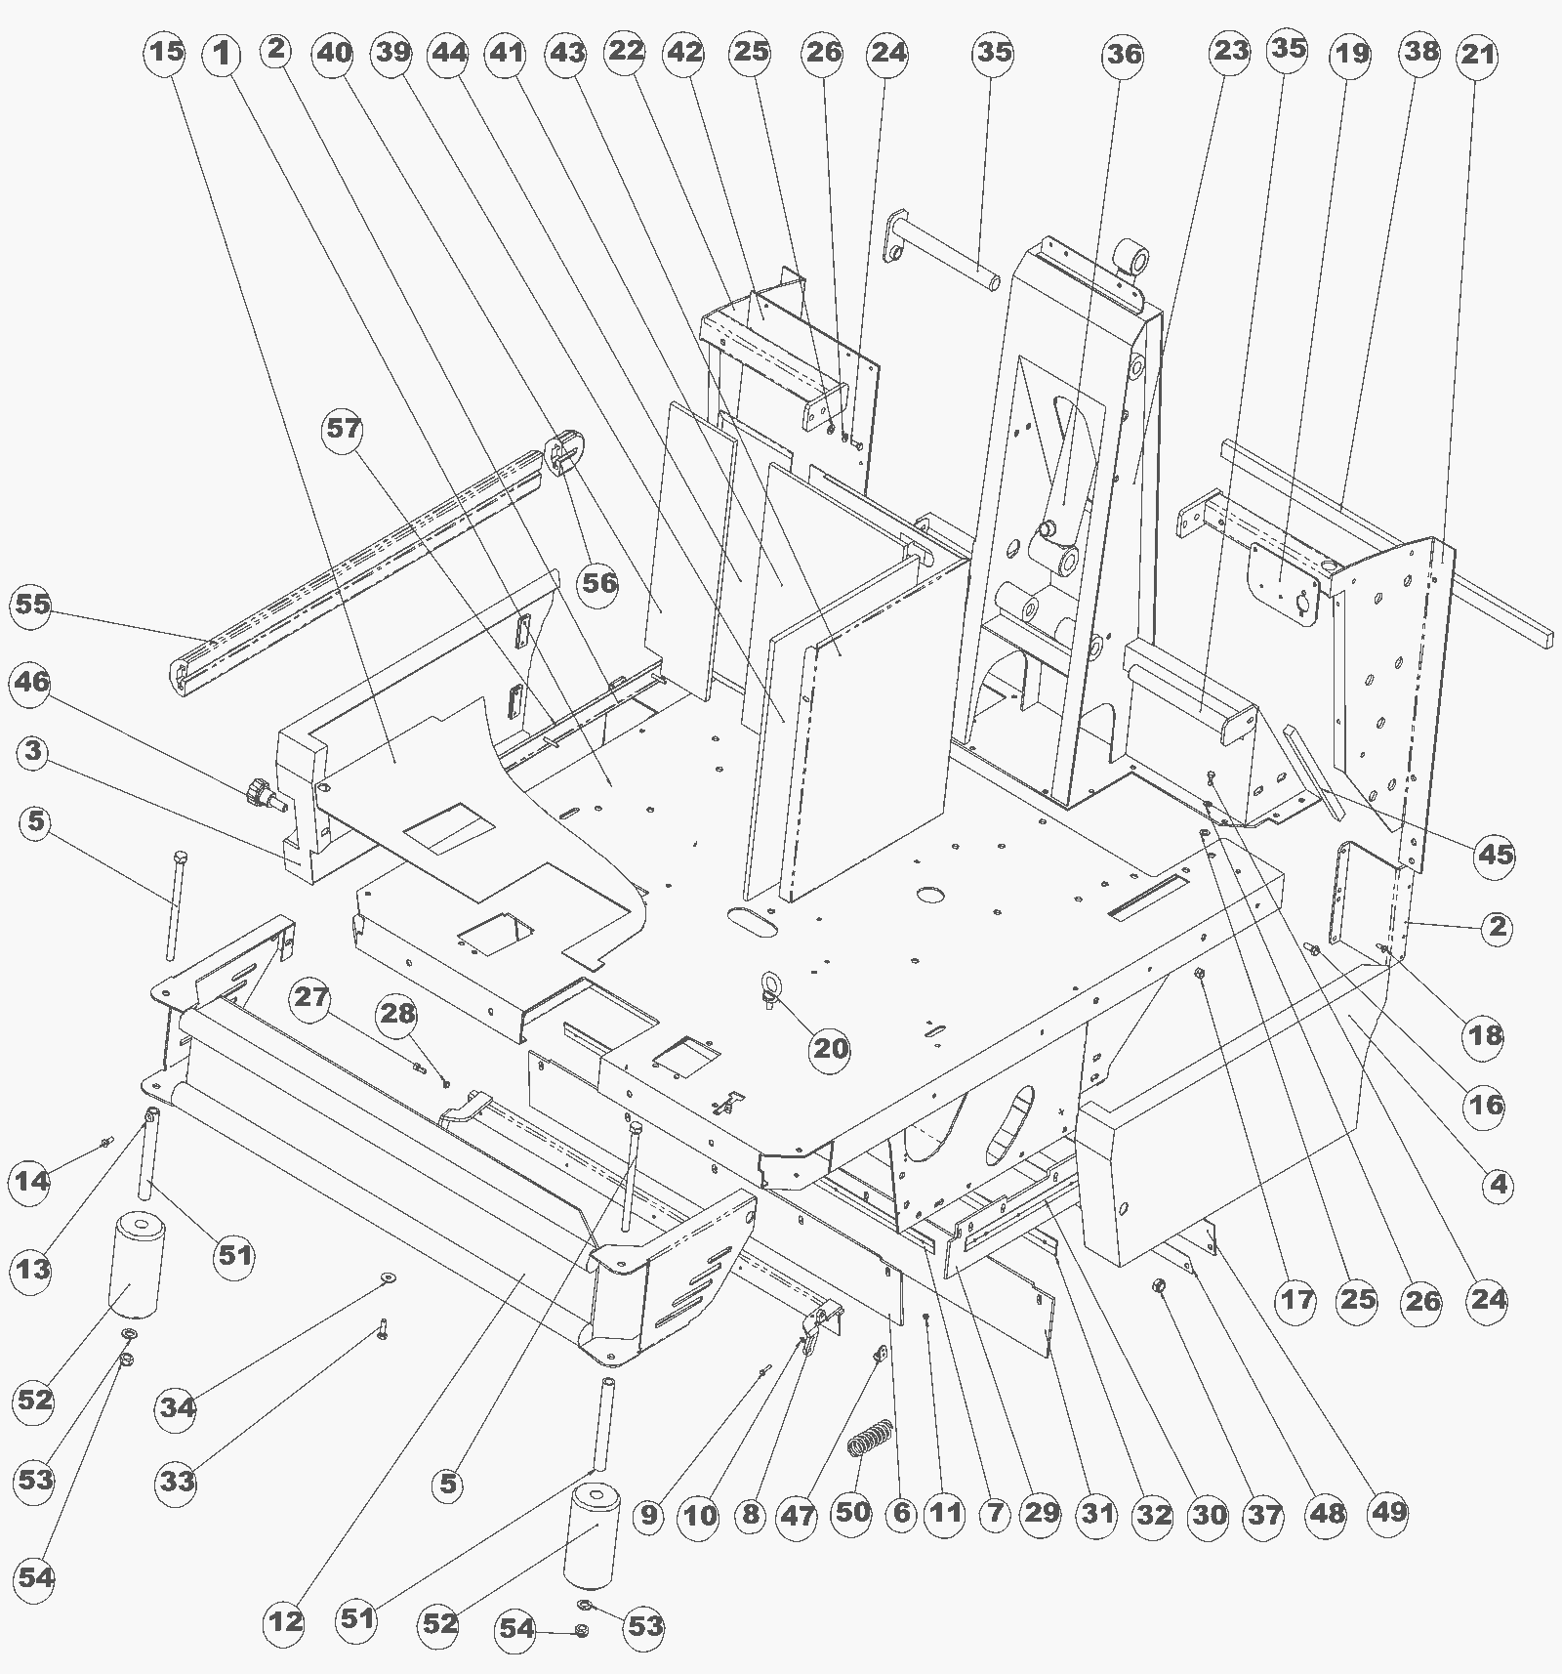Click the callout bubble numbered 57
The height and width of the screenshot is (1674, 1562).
point(344,430)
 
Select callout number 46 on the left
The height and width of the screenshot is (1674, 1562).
point(30,681)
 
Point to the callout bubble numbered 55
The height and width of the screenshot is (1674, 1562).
point(31,605)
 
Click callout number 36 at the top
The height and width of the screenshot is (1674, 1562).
point(1123,54)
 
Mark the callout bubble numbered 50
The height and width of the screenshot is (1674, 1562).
point(852,1512)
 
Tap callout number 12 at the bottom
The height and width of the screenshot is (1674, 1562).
point(286,1622)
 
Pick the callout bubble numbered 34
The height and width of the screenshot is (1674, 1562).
point(178,1407)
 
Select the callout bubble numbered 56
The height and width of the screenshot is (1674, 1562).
point(600,583)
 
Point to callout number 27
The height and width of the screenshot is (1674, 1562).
point(312,998)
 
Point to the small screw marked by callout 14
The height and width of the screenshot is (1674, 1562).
point(106,1141)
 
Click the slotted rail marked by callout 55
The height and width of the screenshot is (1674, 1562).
point(359,572)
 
